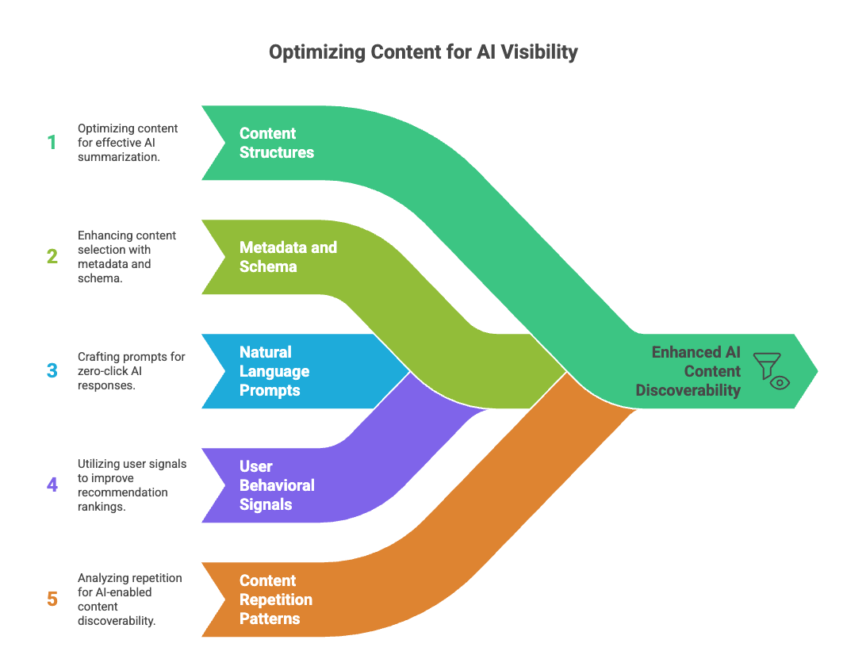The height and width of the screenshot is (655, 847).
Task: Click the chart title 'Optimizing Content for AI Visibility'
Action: pos(423,52)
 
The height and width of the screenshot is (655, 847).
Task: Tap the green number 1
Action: pos(52,143)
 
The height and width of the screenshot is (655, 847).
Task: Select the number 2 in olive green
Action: pos(52,256)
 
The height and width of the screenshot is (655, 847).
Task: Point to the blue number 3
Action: pos(52,370)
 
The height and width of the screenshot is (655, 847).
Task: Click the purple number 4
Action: pos(52,485)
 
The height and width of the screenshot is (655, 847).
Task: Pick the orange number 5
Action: pos(52,599)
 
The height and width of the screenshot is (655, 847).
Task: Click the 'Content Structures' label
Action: pos(277,143)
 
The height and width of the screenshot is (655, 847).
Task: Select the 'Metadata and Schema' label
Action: pos(288,256)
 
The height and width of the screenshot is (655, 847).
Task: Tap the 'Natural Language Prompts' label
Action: pos(274,371)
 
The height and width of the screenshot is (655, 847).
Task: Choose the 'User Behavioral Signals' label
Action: pos(277,485)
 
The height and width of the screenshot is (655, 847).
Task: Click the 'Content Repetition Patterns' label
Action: pos(275,599)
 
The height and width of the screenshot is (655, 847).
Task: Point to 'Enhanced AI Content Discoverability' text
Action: pos(688,371)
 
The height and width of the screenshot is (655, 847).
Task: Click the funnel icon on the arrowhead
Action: pos(767,366)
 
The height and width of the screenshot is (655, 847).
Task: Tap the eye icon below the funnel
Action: pos(780,383)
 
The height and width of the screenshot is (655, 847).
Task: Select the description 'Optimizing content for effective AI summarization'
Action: pos(128,143)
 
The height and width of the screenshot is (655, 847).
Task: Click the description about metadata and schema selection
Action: pos(127,256)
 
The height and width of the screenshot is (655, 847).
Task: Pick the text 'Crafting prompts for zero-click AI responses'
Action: pos(132,371)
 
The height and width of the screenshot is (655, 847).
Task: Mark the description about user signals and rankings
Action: pos(132,485)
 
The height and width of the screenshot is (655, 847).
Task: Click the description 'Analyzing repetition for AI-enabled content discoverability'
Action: pos(129,599)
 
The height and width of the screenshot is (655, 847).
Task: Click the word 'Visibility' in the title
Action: pos(539,52)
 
